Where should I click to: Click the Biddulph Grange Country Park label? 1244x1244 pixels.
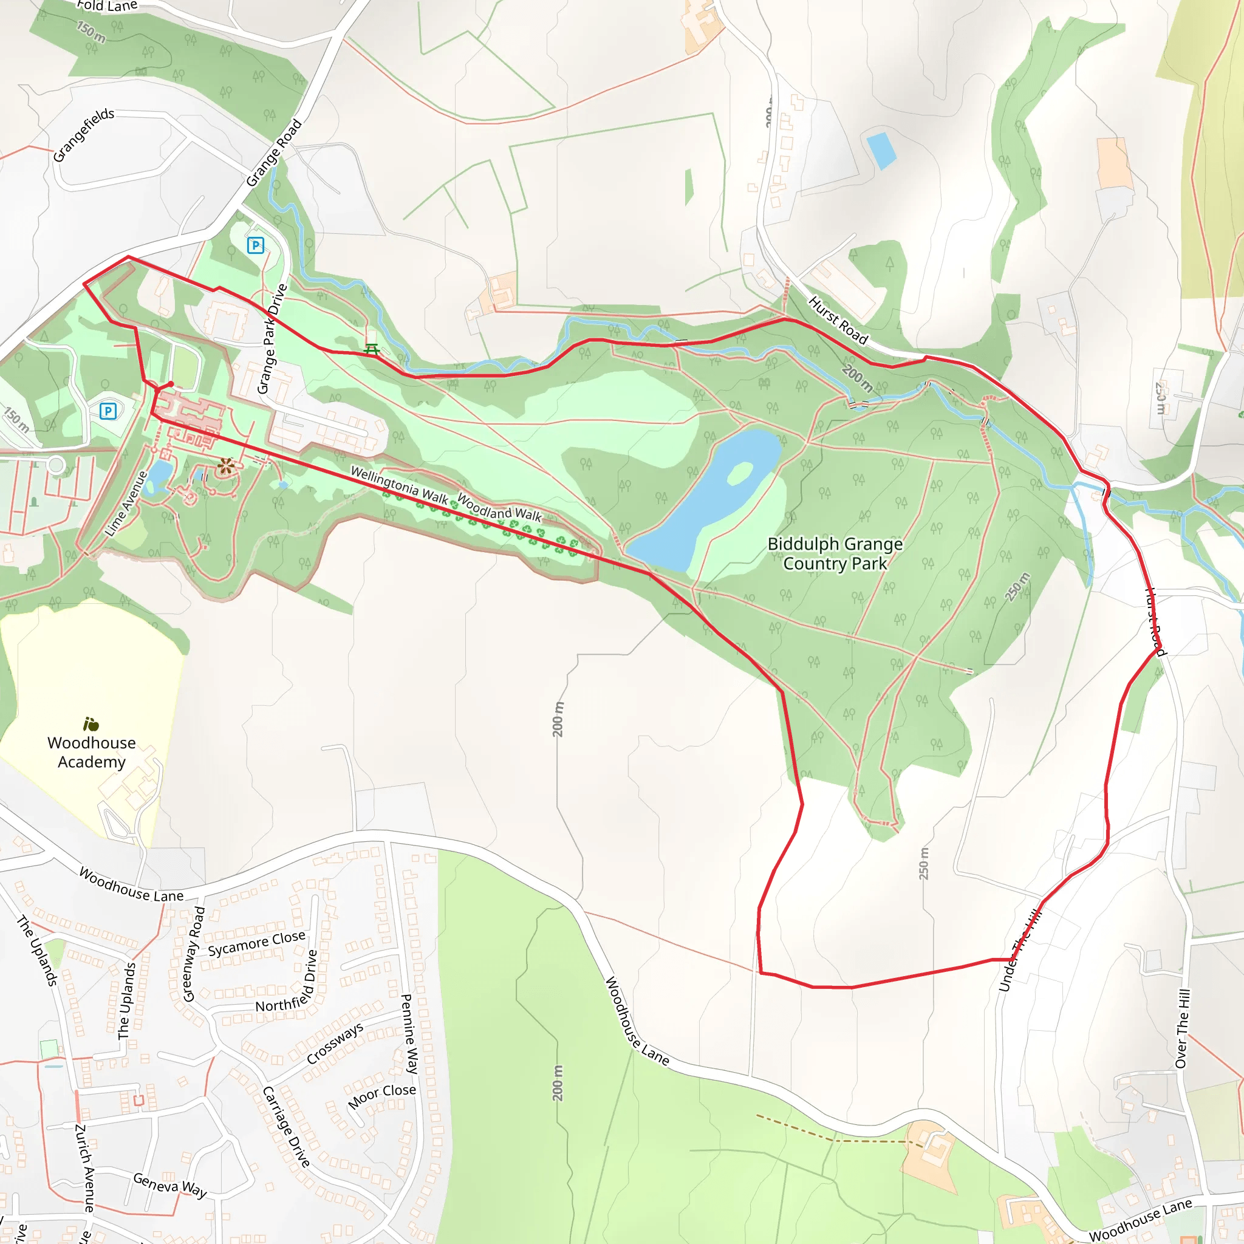(835, 554)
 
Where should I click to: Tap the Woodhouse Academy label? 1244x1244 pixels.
(92, 752)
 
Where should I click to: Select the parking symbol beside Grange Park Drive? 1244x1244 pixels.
(256, 245)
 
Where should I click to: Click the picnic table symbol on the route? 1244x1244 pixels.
(372, 350)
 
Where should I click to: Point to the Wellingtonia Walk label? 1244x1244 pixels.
(398, 485)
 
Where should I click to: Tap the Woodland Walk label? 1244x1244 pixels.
(500, 507)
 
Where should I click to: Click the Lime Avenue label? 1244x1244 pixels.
(126, 504)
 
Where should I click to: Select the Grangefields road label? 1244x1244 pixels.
(83, 135)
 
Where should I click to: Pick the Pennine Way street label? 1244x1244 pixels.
(409, 1033)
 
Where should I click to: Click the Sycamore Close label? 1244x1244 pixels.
(256, 943)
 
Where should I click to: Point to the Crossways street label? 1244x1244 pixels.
(335, 1043)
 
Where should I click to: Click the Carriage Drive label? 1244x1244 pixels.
(287, 1126)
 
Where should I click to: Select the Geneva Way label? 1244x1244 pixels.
(170, 1184)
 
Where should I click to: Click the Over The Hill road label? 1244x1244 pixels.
(1183, 1028)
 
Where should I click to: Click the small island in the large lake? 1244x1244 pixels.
(740, 473)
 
